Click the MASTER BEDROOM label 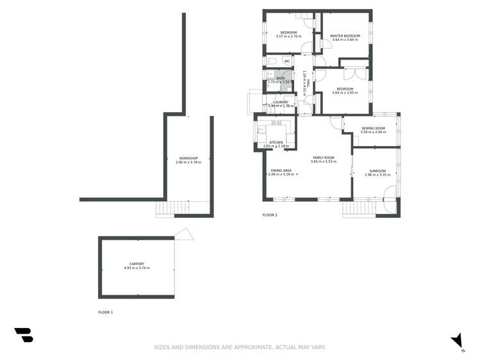click(x=345, y=36)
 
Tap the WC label click(x=287, y=61)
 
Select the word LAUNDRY click(x=281, y=102)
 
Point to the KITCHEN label click(x=276, y=142)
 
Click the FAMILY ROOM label click(x=323, y=158)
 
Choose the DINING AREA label click(x=281, y=170)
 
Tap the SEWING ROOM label click(x=373, y=128)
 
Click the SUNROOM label click(x=377, y=171)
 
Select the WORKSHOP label click(x=188, y=158)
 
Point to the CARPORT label click(x=137, y=264)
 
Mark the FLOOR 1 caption click(x=105, y=312)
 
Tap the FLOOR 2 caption click(x=270, y=215)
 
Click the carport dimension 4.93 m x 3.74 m click(x=137, y=268)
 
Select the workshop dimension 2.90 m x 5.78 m click(x=188, y=162)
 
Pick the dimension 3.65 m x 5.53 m click(x=323, y=161)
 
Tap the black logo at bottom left click(x=24, y=334)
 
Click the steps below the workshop click(x=165, y=209)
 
